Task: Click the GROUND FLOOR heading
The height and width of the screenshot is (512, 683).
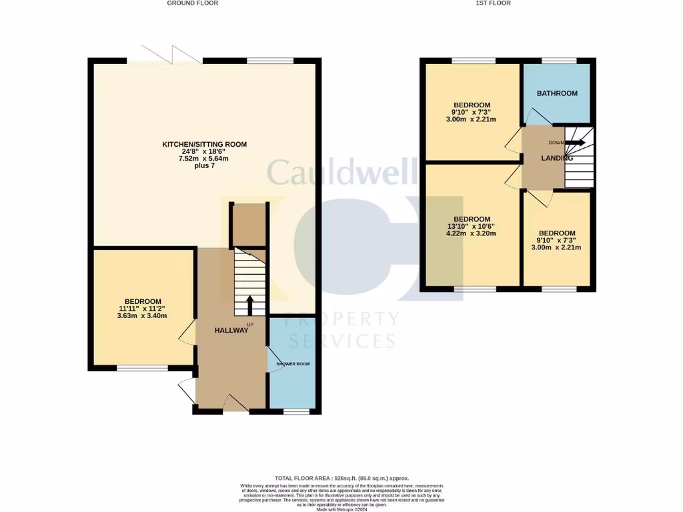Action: click(192, 3)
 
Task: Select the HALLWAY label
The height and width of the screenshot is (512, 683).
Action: click(231, 331)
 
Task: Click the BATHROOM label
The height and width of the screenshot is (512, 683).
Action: click(558, 93)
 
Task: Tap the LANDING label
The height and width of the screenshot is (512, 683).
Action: click(556, 159)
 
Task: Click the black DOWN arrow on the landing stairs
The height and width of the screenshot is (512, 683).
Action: click(575, 142)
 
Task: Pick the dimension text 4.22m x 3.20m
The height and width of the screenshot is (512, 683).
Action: click(472, 234)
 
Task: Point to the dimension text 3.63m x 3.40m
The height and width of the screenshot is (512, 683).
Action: click(143, 316)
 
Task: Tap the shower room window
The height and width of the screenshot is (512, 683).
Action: click(292, 412)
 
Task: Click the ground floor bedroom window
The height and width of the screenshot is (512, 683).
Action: click(143, 368)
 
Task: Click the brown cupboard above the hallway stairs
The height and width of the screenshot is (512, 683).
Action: click(248, 225)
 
